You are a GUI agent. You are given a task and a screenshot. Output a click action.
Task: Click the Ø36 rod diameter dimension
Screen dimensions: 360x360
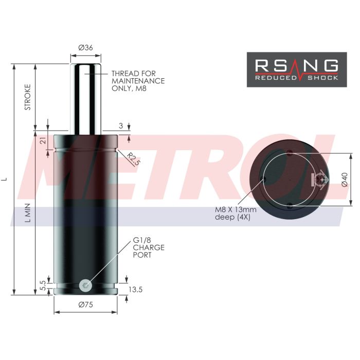pos(85,47)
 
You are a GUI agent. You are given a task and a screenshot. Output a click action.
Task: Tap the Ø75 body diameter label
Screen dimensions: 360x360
pos(86,304)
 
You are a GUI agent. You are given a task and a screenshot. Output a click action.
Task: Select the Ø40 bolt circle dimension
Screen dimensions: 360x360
pos(345,179)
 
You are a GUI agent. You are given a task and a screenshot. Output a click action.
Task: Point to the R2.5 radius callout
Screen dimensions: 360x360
pos(133,158)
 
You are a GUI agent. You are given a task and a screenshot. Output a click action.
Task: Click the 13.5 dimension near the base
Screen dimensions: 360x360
pos(135,290)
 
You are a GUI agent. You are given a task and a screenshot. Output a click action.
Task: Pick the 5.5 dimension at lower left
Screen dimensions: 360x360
pos(43,285)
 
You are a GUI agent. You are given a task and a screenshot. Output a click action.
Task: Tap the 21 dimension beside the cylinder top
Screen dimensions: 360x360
pos(43,140)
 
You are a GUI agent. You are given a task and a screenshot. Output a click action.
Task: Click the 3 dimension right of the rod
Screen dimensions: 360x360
pos(121,125)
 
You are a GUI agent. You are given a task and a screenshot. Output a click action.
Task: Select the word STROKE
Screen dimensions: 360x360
pos(28,97)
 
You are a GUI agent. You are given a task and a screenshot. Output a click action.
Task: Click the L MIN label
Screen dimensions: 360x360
pos(28,212)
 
